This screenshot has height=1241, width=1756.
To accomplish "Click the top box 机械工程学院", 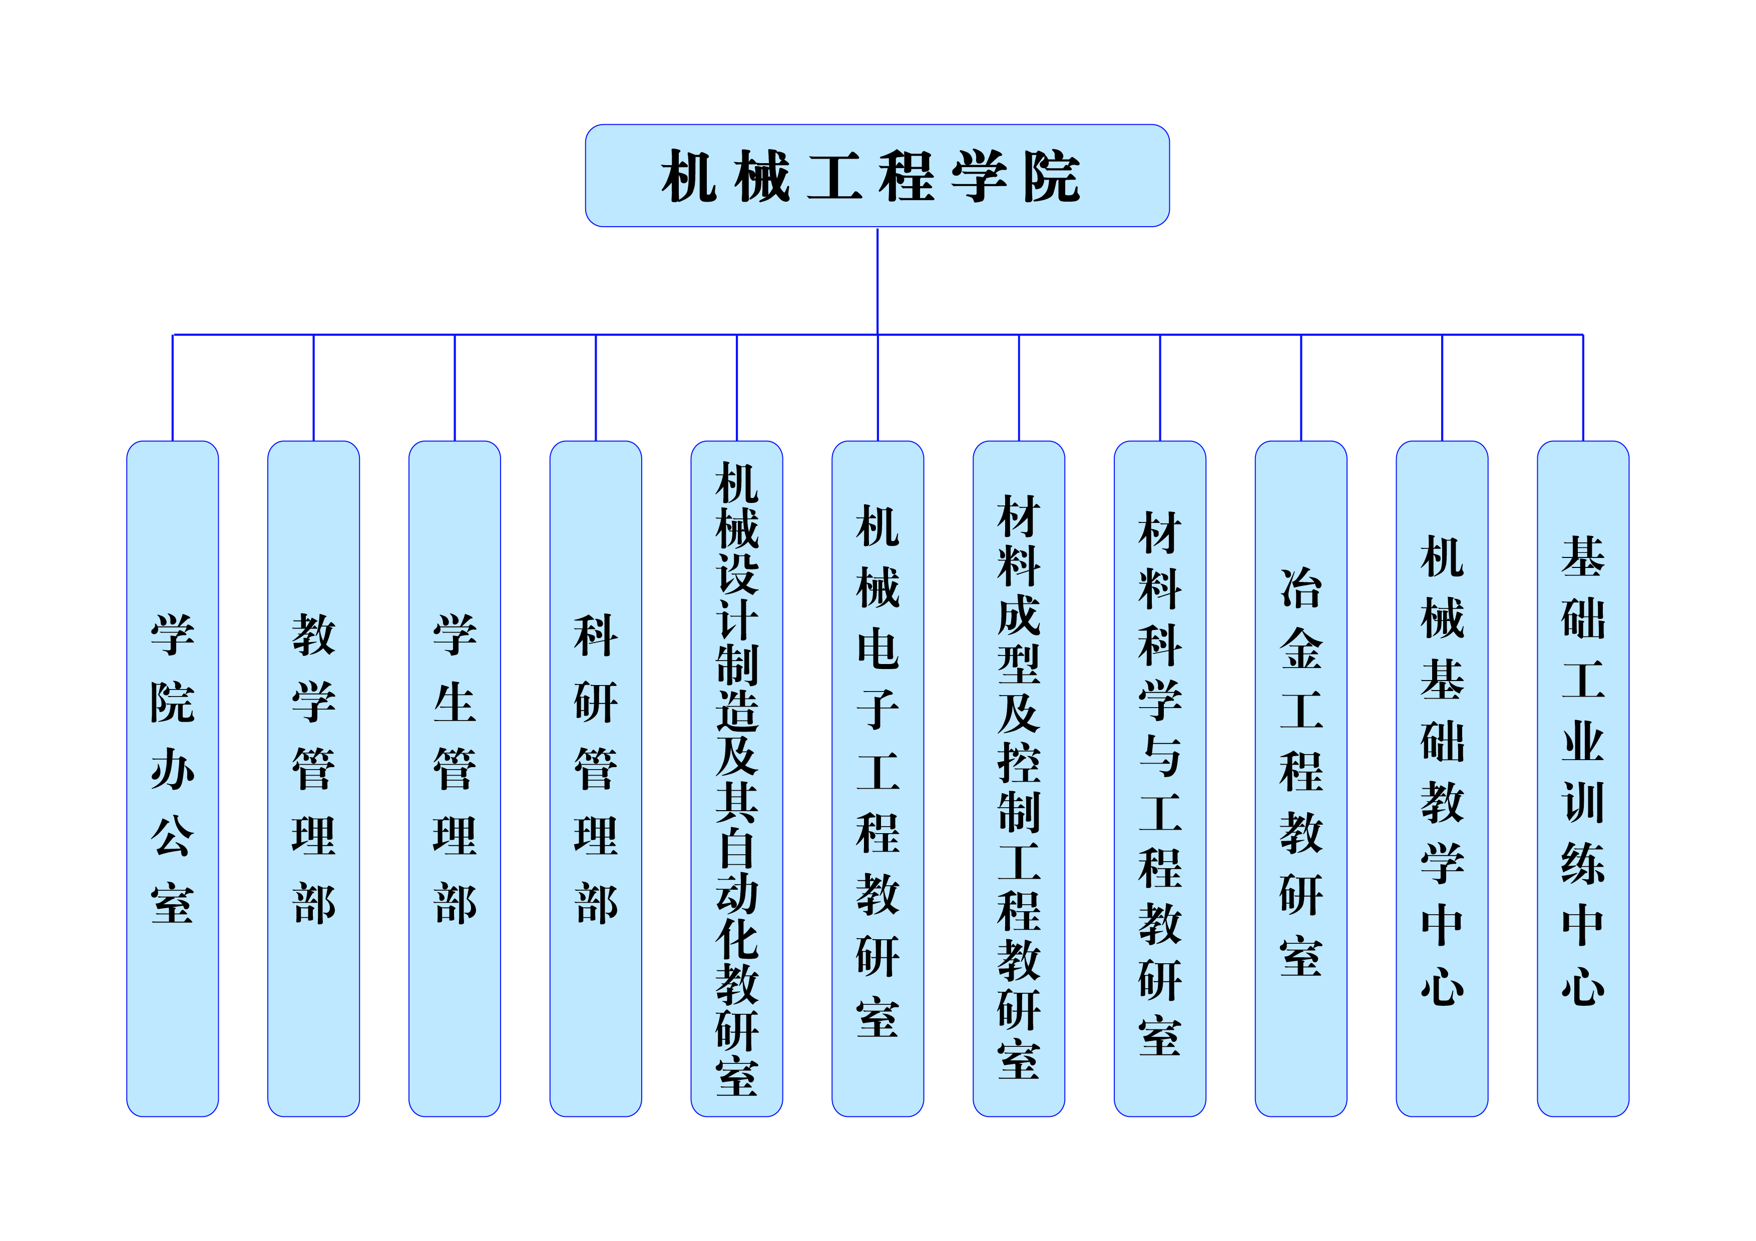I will (876, 176).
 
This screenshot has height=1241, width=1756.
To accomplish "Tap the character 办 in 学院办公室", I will (172, 769).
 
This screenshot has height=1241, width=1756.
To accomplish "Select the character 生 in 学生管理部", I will (455, 702).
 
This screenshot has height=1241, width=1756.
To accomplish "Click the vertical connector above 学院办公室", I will (172, 388).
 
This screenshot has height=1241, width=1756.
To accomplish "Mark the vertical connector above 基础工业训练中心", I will (1583, 388).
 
